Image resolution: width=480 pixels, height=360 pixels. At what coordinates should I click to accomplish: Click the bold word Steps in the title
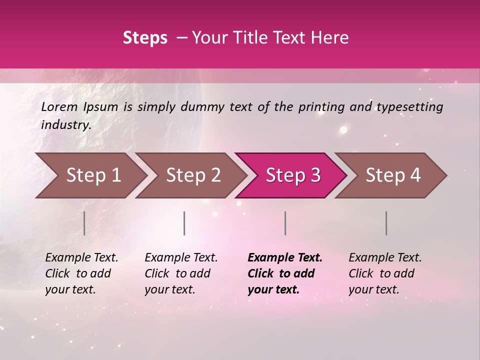(x=145, y=38)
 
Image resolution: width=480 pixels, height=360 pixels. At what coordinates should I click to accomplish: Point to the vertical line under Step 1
(x=84, y=223)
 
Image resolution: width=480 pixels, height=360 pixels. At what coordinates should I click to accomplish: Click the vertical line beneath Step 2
(x=184, y=223)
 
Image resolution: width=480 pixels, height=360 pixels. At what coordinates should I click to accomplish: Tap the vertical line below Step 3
(x=285, y=223)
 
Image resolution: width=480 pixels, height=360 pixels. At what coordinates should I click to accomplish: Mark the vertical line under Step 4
(x=386, y=223)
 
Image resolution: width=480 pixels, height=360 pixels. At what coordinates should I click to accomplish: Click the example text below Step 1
(x=81, y=273)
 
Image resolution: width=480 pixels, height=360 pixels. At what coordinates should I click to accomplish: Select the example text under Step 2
(x=181, y=273)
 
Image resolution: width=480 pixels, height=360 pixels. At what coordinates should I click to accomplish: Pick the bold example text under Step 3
(x=285, y=273)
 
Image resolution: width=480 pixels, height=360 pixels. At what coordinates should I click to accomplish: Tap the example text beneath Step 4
(x=385, y=273)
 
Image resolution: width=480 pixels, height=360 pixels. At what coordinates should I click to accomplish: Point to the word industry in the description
(x=66, y=125)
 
